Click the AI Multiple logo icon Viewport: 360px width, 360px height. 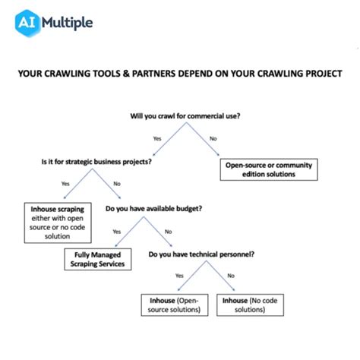tap(29, 23)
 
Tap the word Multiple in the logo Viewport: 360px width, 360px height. tap(68, 23)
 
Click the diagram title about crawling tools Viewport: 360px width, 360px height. tap(179, 74)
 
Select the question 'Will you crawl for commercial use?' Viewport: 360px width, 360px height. tap(185, 115)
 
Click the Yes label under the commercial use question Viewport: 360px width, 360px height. tap(157, 139)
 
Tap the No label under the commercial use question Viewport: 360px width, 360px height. tap(213, 139)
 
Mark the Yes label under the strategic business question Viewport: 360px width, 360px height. tap(65, 185)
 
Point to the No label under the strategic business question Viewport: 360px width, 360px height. tap(116, 184)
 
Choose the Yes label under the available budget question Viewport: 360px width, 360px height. tap(116, 231)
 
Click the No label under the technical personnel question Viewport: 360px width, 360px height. tap(230, 276)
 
